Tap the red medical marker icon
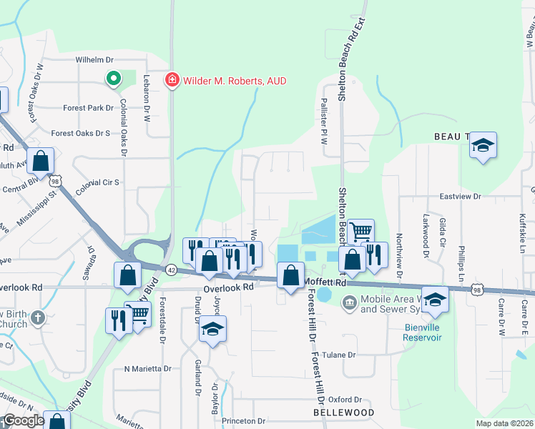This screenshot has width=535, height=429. (172, 80)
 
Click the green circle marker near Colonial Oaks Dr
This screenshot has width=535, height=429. (112, 79)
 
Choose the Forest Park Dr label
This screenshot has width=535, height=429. (88, 108)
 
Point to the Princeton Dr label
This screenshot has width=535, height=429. (243, 422)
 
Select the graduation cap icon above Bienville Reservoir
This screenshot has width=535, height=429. (435, 299)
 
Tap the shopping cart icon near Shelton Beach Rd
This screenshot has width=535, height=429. (362, 231)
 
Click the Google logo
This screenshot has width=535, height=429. (24, 421)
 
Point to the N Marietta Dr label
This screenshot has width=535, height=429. (147, 369)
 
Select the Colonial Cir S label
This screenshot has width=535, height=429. (96, 182)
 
